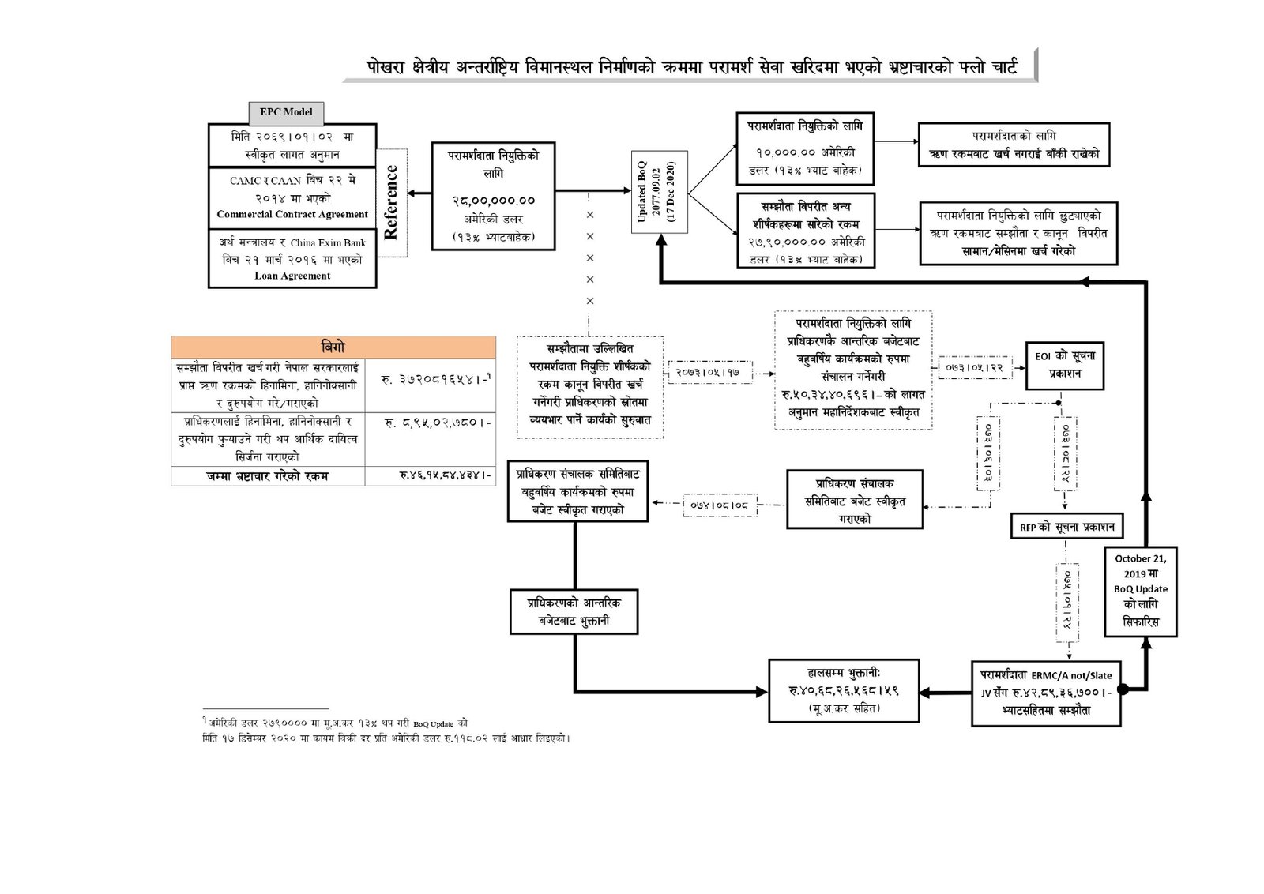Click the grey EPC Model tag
286,112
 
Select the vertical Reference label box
391,202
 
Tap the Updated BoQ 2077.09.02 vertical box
659,192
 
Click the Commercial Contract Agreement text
292,214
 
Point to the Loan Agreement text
292,276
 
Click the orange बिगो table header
333,347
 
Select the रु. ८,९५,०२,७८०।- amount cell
437,423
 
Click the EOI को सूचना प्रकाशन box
1064,365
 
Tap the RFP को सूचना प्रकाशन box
1066,527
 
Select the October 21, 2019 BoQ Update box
1140,590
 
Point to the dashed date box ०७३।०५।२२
974,367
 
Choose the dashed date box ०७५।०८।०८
719,504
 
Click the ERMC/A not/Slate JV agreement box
1045,693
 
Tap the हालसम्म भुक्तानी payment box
844,690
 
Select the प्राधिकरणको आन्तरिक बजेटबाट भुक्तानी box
574,611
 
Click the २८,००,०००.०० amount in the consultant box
493,201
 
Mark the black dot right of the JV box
1123,689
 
